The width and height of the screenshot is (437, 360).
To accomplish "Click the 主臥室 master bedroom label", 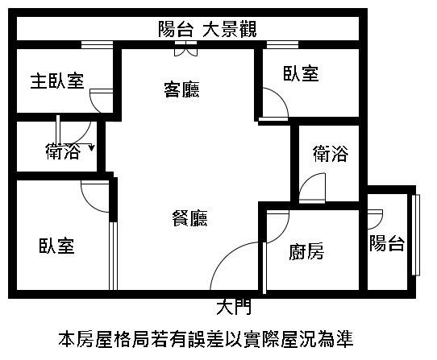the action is click(x=57, y=81).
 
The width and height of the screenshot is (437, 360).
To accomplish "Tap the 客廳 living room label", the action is click(x=181, y=89).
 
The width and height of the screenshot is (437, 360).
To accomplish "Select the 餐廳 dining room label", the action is click(x=189, y=217).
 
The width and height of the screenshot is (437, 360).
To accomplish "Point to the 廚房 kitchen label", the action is click(x=306, y=251).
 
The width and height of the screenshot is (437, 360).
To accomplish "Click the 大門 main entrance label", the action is click(x=234, y=307).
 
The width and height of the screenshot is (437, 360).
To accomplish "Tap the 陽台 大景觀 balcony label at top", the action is click(x=207, y=29).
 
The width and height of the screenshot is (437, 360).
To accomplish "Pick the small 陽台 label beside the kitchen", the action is click(x=387, y=243).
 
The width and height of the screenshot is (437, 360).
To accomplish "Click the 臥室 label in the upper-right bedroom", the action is click(x=301, y=73).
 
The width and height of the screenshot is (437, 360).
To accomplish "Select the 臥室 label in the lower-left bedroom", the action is click(x=57, y=246).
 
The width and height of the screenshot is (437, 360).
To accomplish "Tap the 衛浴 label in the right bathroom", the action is click(x=331, y=153).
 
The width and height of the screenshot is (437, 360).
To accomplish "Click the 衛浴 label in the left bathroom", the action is click(x=63, y=151).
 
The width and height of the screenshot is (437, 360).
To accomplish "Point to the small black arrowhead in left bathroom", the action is click(x=92, y=148).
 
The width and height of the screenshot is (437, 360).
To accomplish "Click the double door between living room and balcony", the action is click(x=186, y=49).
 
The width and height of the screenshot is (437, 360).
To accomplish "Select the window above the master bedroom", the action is click(x=97, y=45).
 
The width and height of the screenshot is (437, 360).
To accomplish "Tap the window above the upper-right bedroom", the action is click(x=283, y=45).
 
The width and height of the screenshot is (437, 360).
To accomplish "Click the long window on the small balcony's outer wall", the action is click(x=416, y=235).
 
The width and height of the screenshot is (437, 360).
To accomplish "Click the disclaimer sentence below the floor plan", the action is click(x=206, y=339).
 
